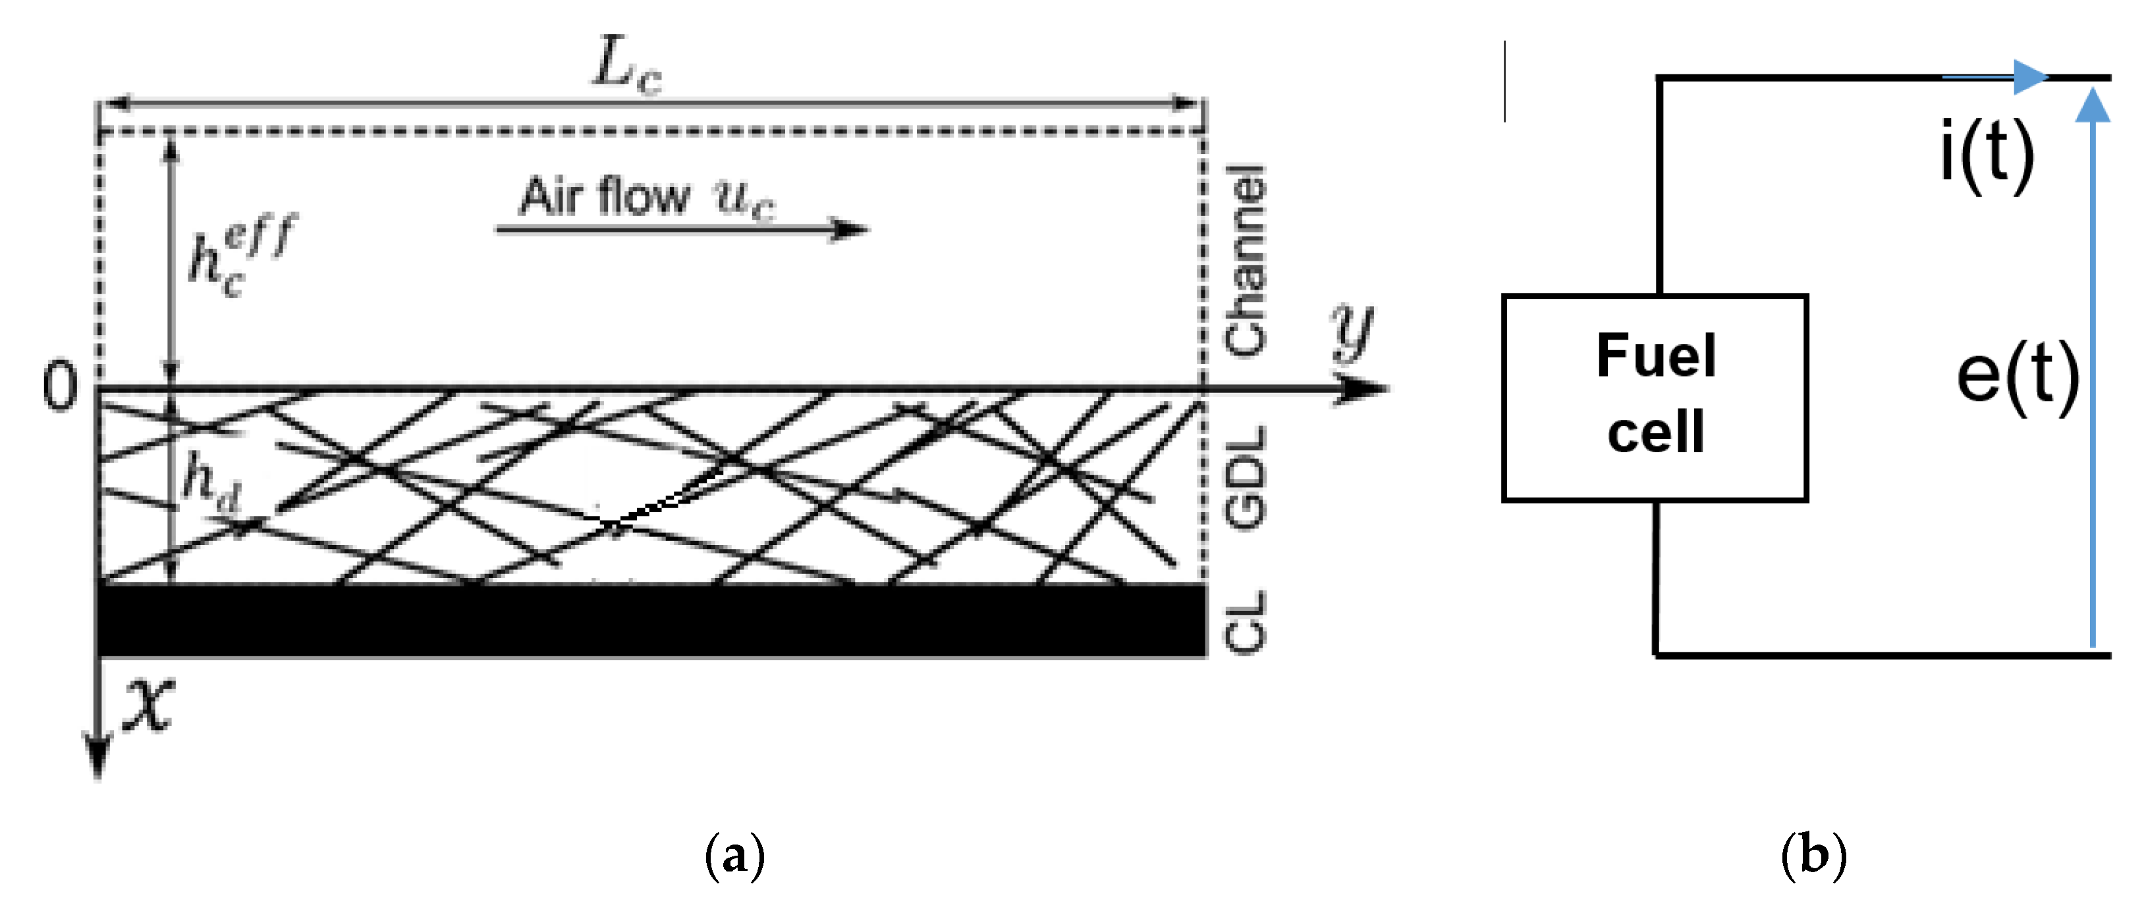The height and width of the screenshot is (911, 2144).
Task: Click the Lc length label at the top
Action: click(x=626, y=65)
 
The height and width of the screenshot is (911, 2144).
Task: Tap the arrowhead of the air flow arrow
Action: click(x=850, y=229)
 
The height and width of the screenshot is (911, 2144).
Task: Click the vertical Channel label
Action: click(x=1245, y=261)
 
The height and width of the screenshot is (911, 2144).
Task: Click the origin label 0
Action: click(x=60, y=387)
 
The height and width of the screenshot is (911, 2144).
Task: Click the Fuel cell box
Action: click(x=1655, y=398)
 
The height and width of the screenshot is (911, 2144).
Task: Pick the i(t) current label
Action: click(x=1987, y=154)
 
